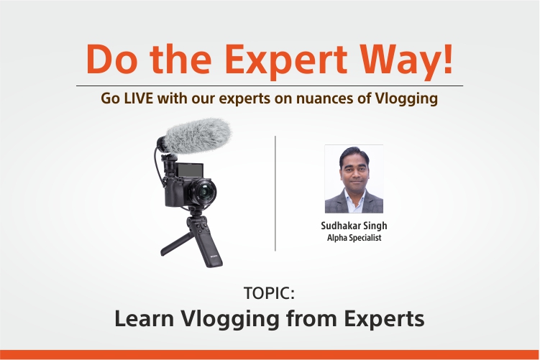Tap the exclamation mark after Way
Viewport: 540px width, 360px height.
pyautogui.click(x=448, y=58)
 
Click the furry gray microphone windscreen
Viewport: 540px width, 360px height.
pyautogui.click(x=197, y=136)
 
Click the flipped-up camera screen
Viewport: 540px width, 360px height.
pyautogui.click(x=189, y=170)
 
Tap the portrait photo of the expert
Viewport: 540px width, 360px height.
pyautogui.click(x=354, y=179)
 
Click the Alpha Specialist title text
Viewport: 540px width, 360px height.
pyautogui.click(x=354, y=238)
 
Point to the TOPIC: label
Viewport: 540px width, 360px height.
pyautogui.click(x=270, y=293)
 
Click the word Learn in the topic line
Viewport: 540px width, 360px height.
pyautogui.click(x=145, y=318)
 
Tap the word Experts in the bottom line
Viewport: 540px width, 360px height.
pyautogui.click(x=385, y=320)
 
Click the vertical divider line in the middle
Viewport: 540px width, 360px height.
pyautogui.click(x=275, y=193)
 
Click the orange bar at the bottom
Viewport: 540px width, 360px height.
pyautogui.click(x=270, y=355)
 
